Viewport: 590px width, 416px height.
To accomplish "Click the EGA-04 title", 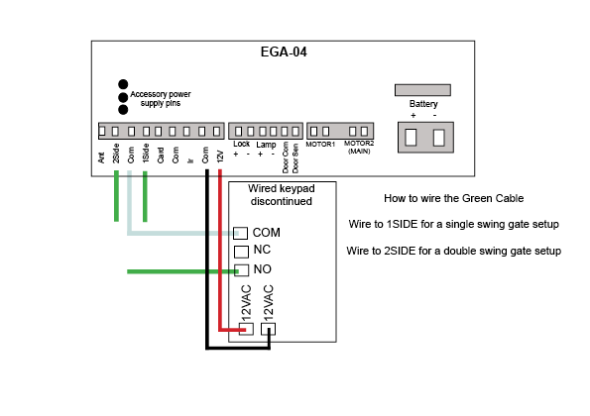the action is click(284, 52).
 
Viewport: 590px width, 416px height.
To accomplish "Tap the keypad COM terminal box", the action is click(240, 233).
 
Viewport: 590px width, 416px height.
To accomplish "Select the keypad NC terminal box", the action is click(241, 252).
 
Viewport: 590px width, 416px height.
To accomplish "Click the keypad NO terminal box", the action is click(242, 270).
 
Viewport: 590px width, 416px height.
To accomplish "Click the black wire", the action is click(207, 260).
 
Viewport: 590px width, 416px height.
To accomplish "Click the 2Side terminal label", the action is click(116, 153).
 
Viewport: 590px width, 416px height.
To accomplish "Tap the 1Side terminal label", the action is click(146, 153).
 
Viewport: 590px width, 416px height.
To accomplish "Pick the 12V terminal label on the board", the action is click(220, 156).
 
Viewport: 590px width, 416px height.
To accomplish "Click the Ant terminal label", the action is click(101, 157).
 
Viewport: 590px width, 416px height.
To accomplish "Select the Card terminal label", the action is click(161, 156).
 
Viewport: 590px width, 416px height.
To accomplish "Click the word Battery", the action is click(423, 104).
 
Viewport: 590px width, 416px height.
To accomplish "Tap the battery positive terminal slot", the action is click(411, 138).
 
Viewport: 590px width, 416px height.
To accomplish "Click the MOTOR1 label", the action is click(320, 145).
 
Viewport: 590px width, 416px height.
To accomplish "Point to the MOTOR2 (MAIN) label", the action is click(359, 148).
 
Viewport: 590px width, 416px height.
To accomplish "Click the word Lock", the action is click(241, 144).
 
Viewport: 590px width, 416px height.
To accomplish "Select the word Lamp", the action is click(266, 145).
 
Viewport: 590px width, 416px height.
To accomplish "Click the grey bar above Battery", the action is click(422, 90).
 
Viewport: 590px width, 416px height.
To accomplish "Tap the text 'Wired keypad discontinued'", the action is click(282, 195).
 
